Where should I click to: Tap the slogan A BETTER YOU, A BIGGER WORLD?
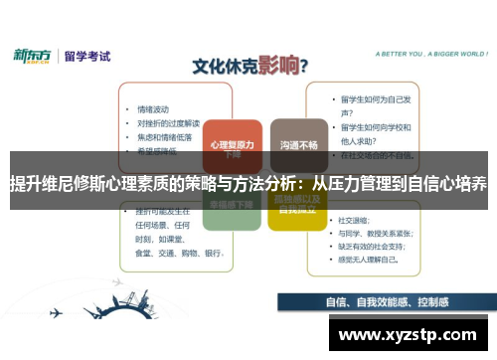click(x=420, y=54)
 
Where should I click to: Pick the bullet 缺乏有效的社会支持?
click(x=374, y=245)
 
